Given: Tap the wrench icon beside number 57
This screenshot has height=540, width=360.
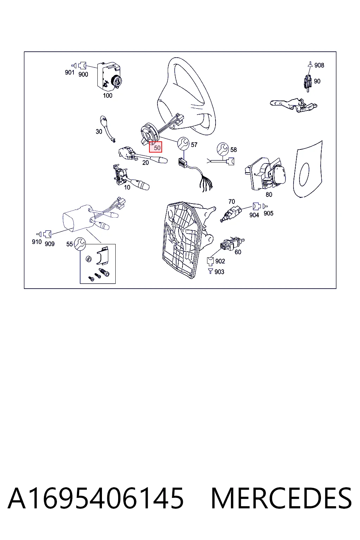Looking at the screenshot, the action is pyautogui.click(x=183, y=143).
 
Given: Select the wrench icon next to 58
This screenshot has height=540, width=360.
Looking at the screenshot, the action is pyautogui.click(x=223, y=149).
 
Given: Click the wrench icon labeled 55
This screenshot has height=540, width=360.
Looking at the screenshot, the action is pyautogui.click(x=80, y=244).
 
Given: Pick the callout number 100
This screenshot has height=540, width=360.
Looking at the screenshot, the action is pyautogui.click(x=108, y=96).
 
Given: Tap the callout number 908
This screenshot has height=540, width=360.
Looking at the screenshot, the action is pyautogui.click(x=319, y=65).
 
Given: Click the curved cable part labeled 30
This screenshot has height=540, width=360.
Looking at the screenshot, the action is pyautogui.click(x=108, y=129).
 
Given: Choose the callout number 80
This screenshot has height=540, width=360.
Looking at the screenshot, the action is pyautogui.click(x=269, y=194).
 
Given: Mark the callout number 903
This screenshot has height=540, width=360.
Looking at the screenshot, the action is pyautogui.click(x=219, y=272).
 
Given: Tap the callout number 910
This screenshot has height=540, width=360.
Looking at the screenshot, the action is pyautogui.click(x=37, y=242).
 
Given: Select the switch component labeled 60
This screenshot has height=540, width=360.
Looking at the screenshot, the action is pyautogui.click(x=232, y=244).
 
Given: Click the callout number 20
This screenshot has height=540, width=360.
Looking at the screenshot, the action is pyautogui.click(x=146, y=163).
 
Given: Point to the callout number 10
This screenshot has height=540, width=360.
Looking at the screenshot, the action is pyautogui.click(x=127, y=187).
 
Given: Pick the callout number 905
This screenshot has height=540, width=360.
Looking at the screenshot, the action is pyautogui.click(x=268, y=213).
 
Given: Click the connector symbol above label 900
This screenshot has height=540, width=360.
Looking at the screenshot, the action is pyautogui.click(x=82, y=65).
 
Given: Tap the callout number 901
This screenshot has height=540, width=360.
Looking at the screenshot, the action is pyautogui.click(x=70, y=72).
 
